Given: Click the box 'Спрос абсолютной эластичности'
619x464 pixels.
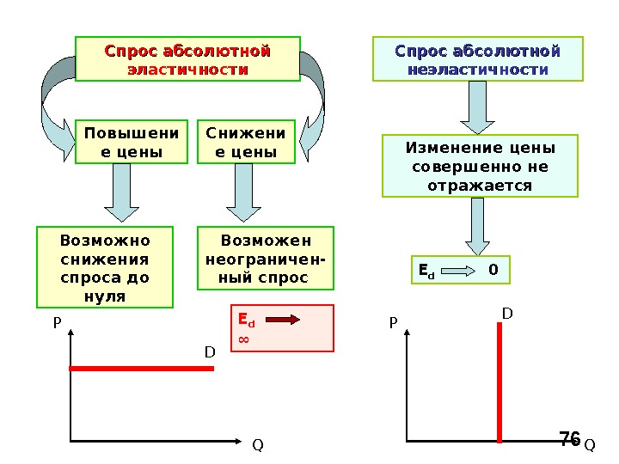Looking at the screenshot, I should tap(187, 58).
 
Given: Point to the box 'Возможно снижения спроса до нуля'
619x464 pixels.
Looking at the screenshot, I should tap(105, 267).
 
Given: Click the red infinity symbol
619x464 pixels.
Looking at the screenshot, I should tap(243, 339).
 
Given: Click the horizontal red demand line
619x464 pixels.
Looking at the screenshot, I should tap(141, 368).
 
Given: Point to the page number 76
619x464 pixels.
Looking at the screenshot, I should tap(569, 439).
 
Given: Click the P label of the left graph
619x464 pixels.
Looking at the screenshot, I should tap(57, 324).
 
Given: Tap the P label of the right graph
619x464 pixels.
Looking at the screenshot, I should tap(394, 324).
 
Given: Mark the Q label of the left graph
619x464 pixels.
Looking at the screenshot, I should tap(256, 446).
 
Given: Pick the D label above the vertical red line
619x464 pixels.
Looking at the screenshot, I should tap(506, 315).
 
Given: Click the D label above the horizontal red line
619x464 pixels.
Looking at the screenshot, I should tap(209, 352).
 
